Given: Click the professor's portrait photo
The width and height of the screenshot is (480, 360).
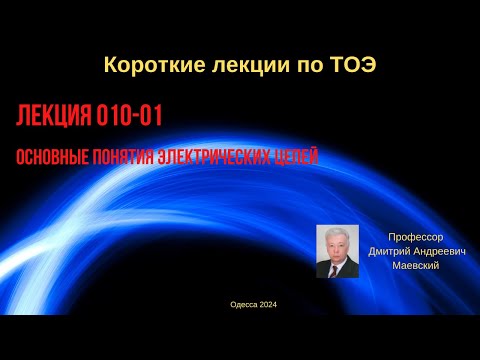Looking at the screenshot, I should pyautogui.click(x=337, y=251).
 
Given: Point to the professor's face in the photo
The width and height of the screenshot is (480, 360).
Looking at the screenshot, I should pyautogui.click(x=337, y=246).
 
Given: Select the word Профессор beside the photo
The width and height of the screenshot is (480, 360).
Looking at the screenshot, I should pyautogui.click(x=416, y=239).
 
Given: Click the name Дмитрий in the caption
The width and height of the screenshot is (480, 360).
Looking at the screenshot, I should pyautogui.click(x=392, y=252).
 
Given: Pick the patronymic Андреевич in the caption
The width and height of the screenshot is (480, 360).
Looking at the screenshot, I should pyautogui.click(x=441, y=252).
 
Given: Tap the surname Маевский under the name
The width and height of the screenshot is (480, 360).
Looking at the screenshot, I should pyautogui.click(x=416, y=265).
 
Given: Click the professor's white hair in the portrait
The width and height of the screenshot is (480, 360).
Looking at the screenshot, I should pyautogui.click(x=337, y=233).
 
